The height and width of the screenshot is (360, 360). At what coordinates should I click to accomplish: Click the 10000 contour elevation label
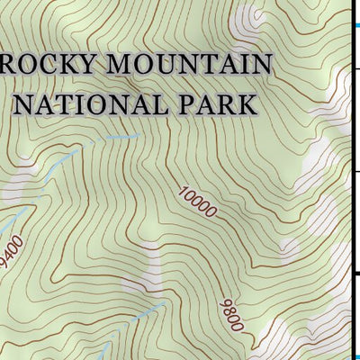click(x=197, y=202)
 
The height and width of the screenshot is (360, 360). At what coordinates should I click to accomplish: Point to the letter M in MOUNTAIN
click(x=112, y=66)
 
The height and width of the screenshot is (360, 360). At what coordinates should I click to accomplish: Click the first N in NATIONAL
click(x=27, y=103)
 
